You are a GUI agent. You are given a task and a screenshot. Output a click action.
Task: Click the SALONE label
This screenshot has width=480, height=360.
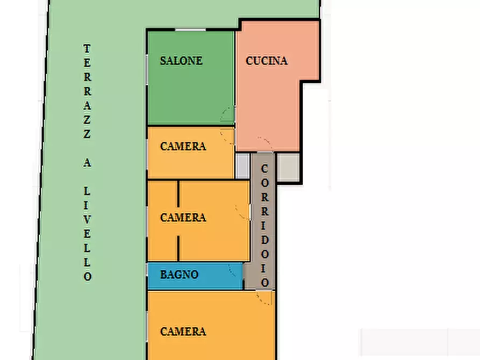pyautogui.click(x=181, y=61)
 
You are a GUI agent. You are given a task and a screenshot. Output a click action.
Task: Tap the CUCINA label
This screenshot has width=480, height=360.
pyautogui.click(x=267, y=61)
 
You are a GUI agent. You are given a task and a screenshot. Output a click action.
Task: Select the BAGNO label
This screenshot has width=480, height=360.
pyautogui.click(x=180, y=274)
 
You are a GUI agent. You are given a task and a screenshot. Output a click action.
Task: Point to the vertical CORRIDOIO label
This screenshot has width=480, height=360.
pyautogui.click(x=265, y=226)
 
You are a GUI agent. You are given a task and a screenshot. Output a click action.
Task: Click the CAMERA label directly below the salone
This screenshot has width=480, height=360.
pyautogui.click(x=183, y=146)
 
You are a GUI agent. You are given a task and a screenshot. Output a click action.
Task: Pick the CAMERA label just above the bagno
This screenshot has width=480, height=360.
pyautogui.click(x=183, y=218)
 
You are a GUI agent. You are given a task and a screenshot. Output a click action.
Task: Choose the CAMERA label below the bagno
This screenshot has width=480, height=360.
pyautogui.click(x=183, y=331)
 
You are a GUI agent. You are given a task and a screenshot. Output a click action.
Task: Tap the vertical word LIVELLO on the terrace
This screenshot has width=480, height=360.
pyautogui.click(x=87, y=234)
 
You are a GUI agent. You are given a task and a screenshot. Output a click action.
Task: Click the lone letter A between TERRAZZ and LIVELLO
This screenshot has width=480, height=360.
pyautogui.click(x=87, y=163)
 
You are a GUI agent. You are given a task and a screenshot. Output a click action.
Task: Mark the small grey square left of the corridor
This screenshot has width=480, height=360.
pyautogui.click(x=243, y=165)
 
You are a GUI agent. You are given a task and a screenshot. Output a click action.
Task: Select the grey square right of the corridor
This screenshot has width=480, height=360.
pyautogui.click(x=288, y=167)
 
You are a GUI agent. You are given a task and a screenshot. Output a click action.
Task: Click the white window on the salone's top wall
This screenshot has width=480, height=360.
pyautogui.click(x=190, y=30)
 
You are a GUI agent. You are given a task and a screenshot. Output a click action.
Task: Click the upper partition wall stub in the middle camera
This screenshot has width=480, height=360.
pyautogui.click(x=178, y=193)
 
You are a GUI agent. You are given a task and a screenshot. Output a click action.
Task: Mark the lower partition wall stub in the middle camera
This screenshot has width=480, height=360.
pyautogui.click(x=178, y=248)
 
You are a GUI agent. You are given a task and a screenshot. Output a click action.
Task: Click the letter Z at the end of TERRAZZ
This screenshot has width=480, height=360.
pyautogui.click(x=87, y=134)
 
